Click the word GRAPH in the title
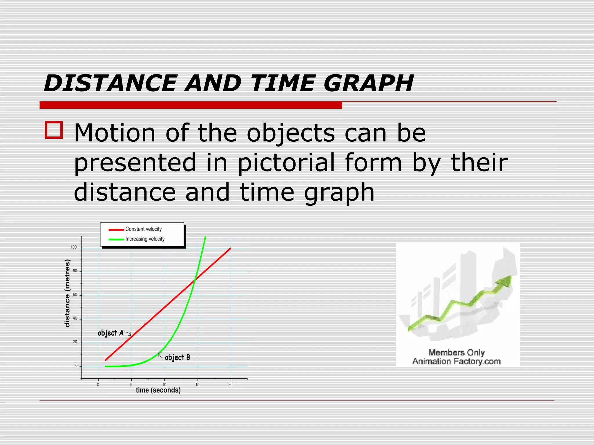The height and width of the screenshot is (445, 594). pos(368,83)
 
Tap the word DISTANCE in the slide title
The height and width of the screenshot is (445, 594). pos(110,83)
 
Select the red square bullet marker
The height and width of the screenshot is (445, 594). pos(54,130)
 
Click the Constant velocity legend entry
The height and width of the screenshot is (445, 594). pos(143,229)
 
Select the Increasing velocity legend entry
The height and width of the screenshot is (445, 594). pos(145,239)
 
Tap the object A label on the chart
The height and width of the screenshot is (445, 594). pos(111,333)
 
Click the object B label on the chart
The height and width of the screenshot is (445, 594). pos(177,358)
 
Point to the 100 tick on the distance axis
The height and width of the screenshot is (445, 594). pos(74,247)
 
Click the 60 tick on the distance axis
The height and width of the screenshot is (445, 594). pos(75,295)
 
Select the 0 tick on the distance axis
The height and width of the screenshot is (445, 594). pos(76,366)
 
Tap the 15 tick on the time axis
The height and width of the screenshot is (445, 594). pos(197,385)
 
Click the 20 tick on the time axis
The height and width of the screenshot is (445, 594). pos(230,385)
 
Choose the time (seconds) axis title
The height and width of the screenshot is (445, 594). pos(158,390)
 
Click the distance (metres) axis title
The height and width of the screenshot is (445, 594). pos(67,293)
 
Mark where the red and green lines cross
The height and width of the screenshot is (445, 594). pos(195,279)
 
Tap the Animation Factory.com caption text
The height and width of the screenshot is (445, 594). pos(456,361)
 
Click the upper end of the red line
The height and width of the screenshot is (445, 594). pos(230,248)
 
